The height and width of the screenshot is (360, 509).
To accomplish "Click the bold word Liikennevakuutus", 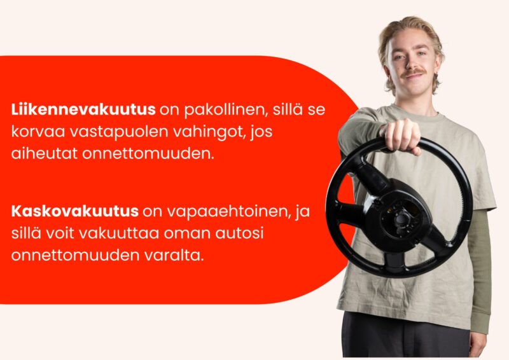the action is pos(83,109).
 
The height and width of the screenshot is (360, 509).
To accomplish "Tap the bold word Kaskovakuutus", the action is pos(75,211).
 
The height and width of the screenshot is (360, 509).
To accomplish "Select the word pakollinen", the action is pos(227,111).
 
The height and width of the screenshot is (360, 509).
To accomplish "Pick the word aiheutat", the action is pos(45,153).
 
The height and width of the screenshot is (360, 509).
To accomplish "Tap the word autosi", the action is pos(240,233).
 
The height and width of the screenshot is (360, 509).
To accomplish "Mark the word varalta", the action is pos(174,255).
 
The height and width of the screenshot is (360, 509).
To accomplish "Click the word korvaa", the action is pos(38,132).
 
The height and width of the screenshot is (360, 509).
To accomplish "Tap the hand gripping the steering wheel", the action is pos(401,135).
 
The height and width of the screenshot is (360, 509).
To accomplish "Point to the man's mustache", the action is pos(412,72).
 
